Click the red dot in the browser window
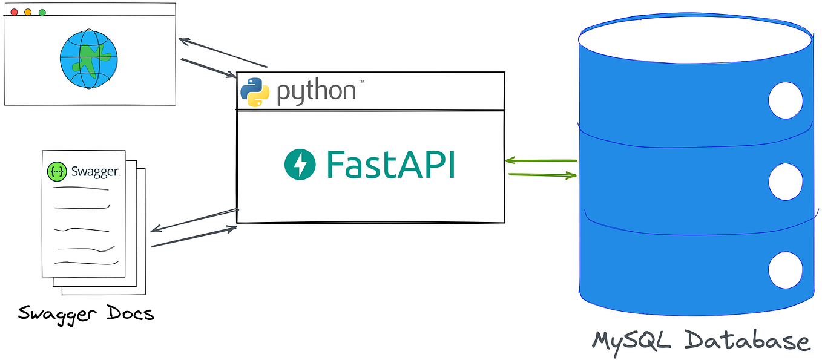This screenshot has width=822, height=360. (x=15, y=12)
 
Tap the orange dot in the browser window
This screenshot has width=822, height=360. (x=28, y=12)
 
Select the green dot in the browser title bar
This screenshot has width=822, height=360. (x=42, y=13)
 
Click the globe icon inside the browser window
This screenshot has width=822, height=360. (x=89, y=59)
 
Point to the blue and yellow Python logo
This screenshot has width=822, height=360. (x=255, y=92)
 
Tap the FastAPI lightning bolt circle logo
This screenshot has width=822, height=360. (x=300, y=165)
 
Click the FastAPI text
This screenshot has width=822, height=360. (x=391, y=165)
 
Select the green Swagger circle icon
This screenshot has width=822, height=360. (x=57, y=171)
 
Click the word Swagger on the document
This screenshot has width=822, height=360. (x=95, y=171)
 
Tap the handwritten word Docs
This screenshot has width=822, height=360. (x=130, y=313)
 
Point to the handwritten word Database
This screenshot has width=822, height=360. (x=747, y=340)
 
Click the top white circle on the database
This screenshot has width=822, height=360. (x=785, y=100)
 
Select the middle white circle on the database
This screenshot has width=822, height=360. (x=785, y=182)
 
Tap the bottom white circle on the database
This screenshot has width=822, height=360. (x=785, y=270)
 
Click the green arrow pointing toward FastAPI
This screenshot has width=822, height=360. (x=541, y=160)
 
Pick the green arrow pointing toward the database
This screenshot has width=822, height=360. (x=542, y=175)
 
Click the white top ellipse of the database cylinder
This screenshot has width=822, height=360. (x=695, y=39)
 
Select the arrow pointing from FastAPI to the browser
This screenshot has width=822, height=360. (x=223, y=53)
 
